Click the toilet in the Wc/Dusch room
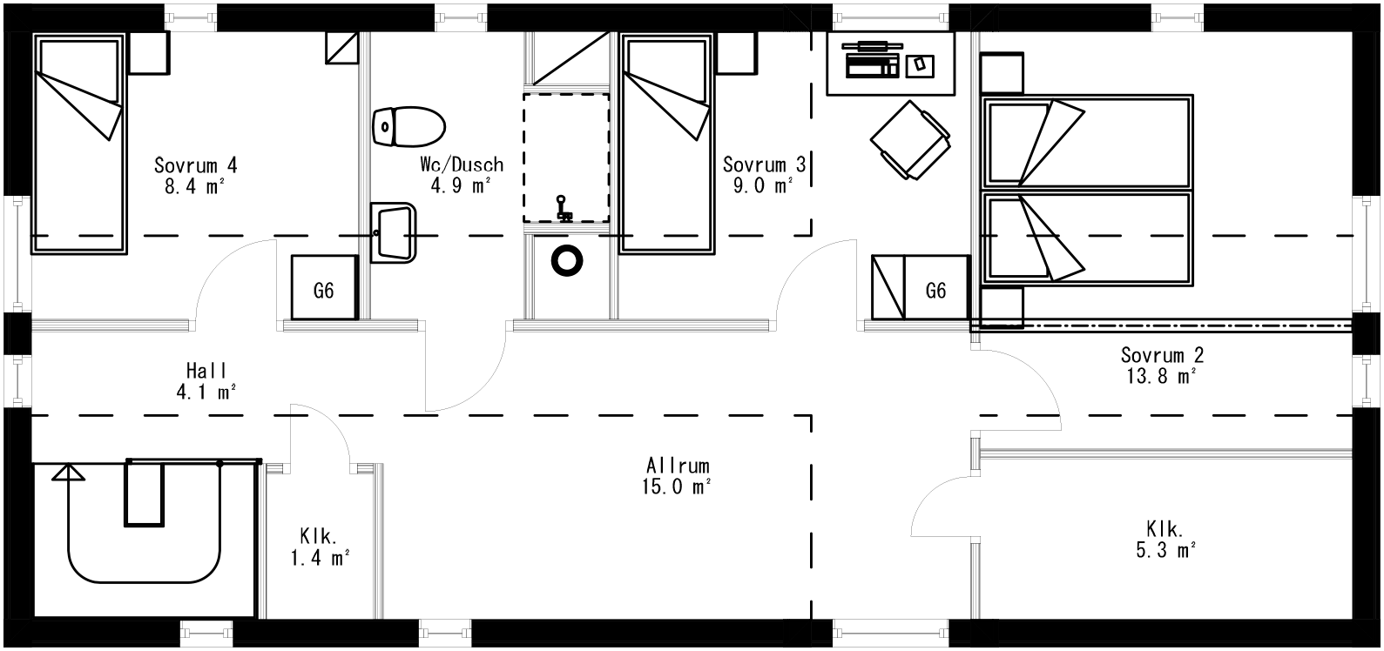pyautogui.click(x=408, y=126)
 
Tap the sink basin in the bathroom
pyautogui.click(x=394, y=232)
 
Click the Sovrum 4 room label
pyautogui.click(x=195, y=164)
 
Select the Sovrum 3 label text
pyautogui.click(x=764, y=164)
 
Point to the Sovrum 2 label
pyautogui.click(x=1162, y=355)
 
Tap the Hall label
pyautogui.click(x=206, y=371)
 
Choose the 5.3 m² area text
pyautogui.click(x=1164, y=550)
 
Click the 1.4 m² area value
pyautogui.click(x=320, y=558)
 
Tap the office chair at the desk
pyautogui.click(x=909, y=139)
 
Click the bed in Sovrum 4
pyautogui.click(x=78, y=144)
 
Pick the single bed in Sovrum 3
pyautogui.click(x=665, y=144)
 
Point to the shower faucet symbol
pyautogui.click(x=564, y=209)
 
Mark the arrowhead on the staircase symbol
pyautogui.click(x=68, y=473)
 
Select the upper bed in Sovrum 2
pyautogui.click(x=1086, y=141)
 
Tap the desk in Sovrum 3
pyautogui.click(x=889, y=64)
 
